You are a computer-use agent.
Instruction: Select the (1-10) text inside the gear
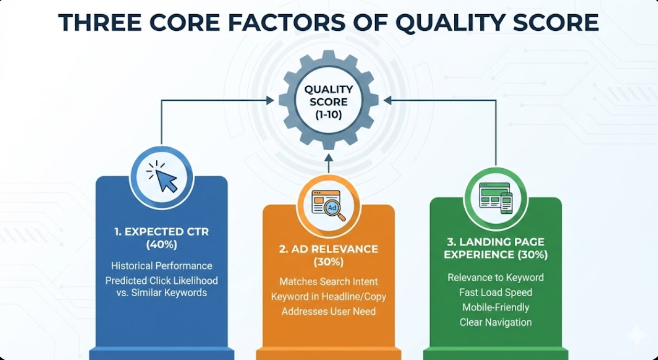[328, 113]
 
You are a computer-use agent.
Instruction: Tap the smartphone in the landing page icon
[506, 202]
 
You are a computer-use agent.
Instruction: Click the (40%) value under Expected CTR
[161, 245]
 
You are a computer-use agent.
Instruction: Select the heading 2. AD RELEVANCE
[328, 249]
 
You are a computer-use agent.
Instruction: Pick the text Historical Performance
[161, 266]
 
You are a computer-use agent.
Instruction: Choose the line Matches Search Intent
[328, 282]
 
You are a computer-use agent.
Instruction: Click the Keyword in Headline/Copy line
[328, 297]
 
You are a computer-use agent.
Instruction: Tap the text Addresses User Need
[328, 312]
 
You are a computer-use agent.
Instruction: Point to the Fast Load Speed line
[495, 293]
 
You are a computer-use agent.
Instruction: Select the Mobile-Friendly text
[495, 307]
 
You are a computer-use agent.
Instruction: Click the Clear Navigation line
[495, 322]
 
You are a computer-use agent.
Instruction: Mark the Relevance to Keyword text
[495, 277]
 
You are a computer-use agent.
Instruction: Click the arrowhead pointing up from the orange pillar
[328, 158]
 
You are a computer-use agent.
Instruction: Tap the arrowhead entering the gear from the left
[270, 100]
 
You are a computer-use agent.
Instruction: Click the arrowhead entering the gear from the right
[388, 100]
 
